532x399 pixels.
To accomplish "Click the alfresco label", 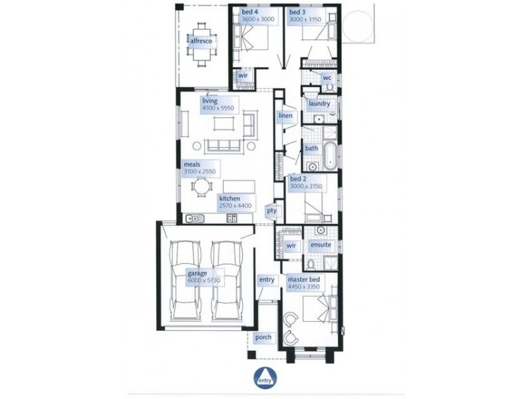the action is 201,41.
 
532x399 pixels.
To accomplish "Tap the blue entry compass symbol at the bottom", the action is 265,378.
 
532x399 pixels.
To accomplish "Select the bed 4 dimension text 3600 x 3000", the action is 258,19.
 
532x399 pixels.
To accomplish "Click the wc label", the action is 327,78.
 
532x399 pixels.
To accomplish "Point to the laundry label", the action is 319,104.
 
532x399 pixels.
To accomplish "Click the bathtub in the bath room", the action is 330,157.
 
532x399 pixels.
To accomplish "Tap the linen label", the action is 285,116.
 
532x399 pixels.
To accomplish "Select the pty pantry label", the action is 272,211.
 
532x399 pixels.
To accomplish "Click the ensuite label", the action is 321,245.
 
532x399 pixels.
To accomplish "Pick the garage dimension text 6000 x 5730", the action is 204,281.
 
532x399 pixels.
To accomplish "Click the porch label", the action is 263,337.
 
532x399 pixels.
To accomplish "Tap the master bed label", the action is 304,280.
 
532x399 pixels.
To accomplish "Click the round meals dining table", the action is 201,188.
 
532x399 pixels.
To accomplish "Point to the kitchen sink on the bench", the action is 194,219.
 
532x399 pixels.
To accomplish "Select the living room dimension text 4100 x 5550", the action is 219,108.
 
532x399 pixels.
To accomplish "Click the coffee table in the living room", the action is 224,123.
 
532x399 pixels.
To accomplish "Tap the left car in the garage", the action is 187,280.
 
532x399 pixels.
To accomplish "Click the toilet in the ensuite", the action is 310,263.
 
